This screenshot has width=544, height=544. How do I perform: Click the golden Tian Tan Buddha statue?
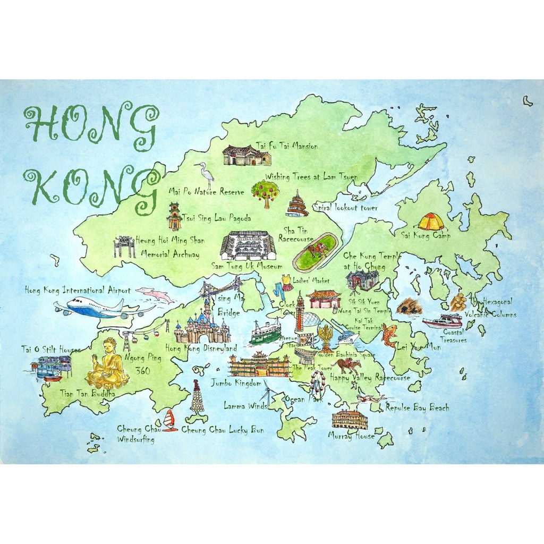click(108, 365)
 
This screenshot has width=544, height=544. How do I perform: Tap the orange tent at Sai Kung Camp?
click(430, 222)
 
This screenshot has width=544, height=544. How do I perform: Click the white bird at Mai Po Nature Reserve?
click(205, 173)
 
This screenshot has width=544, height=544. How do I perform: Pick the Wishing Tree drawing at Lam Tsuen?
click(265, 192)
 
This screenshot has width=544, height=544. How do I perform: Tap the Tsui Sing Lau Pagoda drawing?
click(174, 216)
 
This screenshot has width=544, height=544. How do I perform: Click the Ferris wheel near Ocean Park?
click(318, 381)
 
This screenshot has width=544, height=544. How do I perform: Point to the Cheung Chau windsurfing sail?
click(169, 420)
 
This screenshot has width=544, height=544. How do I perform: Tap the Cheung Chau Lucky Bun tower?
click(197, 397)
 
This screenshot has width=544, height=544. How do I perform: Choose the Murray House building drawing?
click(350, 420)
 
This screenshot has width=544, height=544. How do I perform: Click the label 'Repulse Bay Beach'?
click(417, 408)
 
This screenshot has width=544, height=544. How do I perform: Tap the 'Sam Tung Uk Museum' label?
click(246, 266)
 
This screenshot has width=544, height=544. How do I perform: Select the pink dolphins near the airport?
click(155, 294)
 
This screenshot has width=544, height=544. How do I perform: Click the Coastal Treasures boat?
click(443, 321)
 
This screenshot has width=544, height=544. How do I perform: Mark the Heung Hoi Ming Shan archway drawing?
click(124, 246)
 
